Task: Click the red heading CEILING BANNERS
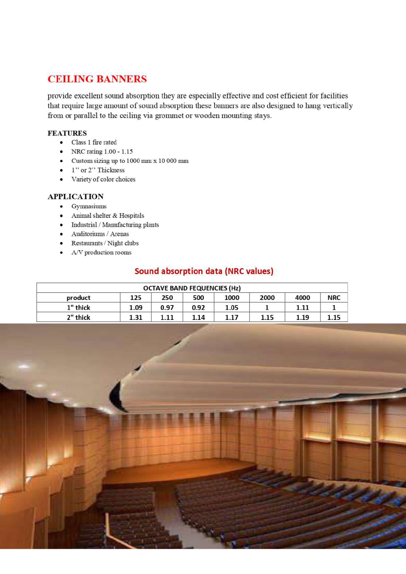coord(97,79)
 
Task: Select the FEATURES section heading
coord(67,133)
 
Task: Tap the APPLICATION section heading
coord(76,197)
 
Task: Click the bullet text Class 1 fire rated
coord(94,142)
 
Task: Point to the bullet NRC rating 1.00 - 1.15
coord(102,151)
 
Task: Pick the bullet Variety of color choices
coord(103,179)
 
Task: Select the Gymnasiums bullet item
coord(89,206)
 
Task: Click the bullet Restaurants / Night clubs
coord(105,243)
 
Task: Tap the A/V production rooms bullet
coord(101,252)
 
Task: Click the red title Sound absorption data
coord(204,271)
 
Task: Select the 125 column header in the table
coord(136,298)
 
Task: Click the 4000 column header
coord(302,298)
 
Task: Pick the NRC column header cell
coord(334,298)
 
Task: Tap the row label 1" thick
coord(78,307)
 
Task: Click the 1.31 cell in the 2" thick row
coord(136,317)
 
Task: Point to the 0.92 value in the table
coord(198,307)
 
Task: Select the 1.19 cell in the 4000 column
coord(302,317)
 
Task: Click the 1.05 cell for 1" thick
coord(231,307)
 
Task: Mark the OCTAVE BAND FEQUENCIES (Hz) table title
coord(192,288)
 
